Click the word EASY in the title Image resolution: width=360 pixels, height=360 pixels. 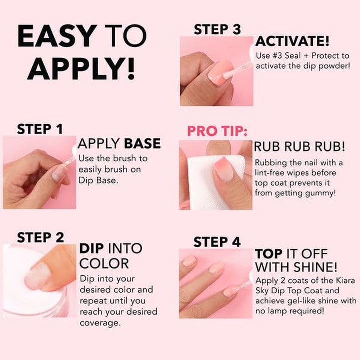(55, 36)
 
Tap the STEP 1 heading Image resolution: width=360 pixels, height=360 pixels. (40, 129)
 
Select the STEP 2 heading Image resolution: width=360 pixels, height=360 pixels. (40, 237)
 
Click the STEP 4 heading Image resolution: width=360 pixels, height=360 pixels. (217, 242)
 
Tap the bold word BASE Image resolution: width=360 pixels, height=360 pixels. (142, 144)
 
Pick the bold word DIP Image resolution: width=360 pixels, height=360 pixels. (92, 248)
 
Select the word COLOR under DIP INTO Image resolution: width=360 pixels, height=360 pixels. (104, 263)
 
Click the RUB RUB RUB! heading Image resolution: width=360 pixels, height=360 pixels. (299, 147)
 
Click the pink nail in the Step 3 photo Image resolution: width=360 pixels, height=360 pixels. (220, 73)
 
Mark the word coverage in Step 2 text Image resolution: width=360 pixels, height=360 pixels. (100, 322)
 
